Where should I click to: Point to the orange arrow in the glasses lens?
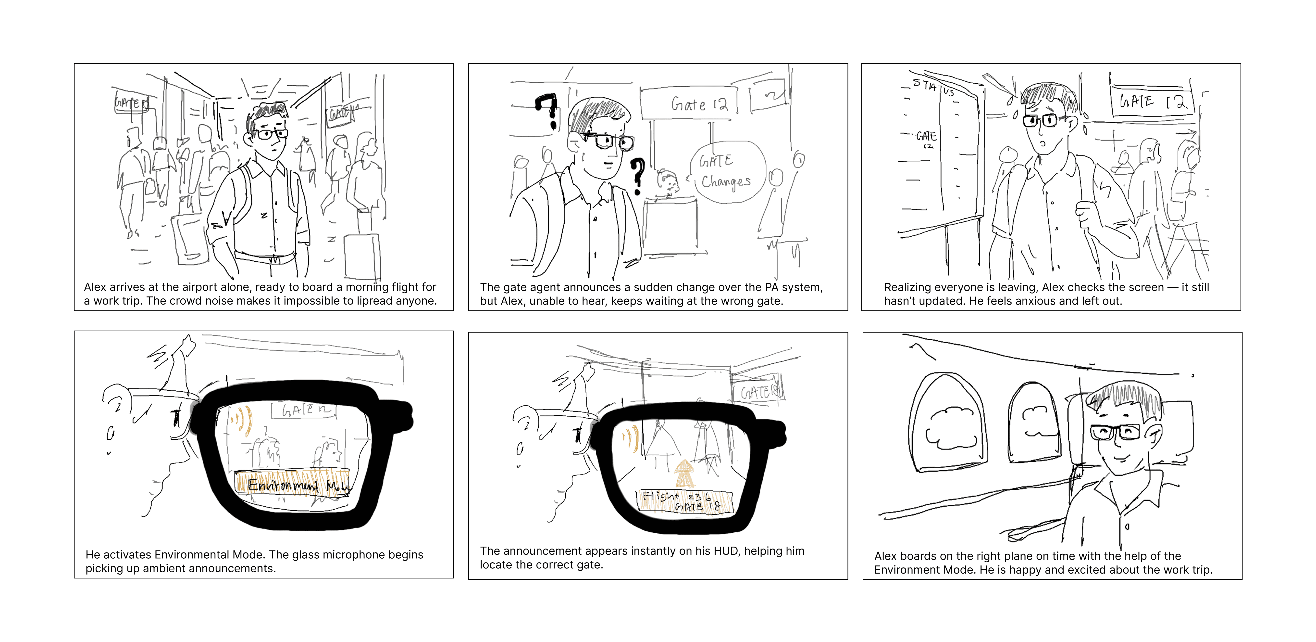(683, 473)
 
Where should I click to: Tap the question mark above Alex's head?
(549, 110)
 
